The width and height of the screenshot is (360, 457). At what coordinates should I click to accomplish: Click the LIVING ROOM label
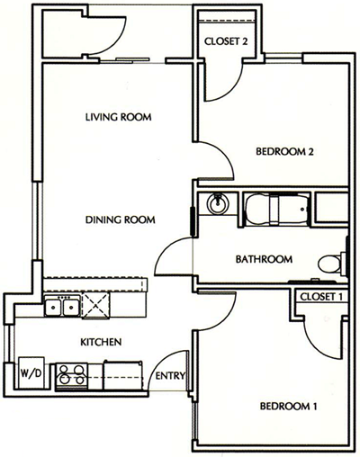tap(117, 117)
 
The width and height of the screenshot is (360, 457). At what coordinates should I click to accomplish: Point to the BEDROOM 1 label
tap(289, 407)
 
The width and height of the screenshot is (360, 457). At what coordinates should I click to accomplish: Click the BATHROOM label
tap(264, 260)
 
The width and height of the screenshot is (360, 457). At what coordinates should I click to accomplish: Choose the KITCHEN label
tap(102, 342)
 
